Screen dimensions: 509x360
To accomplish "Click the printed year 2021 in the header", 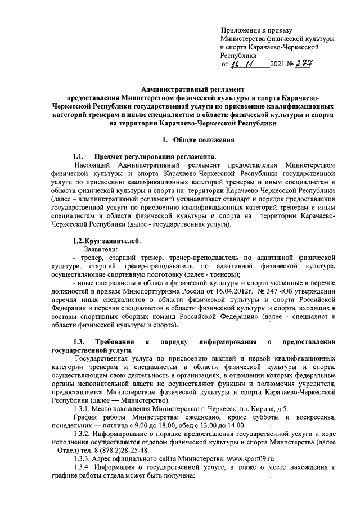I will [x=278, y=66].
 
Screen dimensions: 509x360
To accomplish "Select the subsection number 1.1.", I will [x=78, y=156].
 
